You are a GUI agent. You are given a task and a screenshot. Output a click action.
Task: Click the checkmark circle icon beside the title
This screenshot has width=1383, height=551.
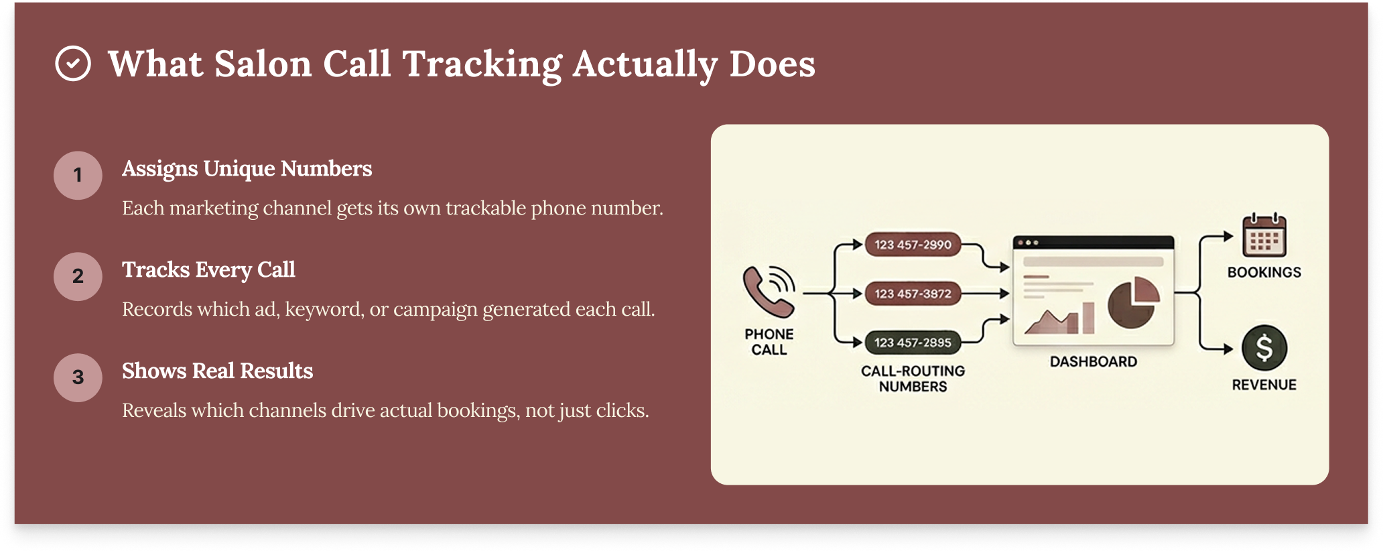point(73,64)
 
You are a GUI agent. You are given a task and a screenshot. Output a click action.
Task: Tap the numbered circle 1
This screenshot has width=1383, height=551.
point(78,175)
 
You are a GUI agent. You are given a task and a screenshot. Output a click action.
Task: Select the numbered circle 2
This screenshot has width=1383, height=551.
point(78,276)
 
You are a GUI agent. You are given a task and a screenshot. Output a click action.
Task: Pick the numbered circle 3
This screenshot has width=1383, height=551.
point(78,377)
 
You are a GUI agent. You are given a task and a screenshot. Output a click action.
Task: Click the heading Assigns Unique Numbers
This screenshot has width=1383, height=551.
point(247,169)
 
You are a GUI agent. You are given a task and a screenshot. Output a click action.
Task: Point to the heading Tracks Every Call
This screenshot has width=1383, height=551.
point(208,270)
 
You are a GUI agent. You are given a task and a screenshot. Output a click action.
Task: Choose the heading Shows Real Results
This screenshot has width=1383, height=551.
point(217,371)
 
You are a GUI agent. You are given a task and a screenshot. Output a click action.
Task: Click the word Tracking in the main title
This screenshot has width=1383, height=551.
point(482,65)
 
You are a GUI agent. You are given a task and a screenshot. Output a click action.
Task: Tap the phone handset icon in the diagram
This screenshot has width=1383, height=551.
point(769,292)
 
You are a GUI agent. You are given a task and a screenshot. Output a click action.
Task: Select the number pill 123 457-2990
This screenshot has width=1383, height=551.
point(913,245)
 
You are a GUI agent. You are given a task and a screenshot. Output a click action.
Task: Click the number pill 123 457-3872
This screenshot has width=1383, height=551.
point(913,294)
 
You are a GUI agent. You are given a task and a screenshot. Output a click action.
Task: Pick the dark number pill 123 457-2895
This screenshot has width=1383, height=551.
point(913,343)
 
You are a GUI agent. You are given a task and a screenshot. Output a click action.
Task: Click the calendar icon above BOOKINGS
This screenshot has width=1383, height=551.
point(1264,235)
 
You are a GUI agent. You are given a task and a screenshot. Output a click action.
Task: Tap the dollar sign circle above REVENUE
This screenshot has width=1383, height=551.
point(1264,348)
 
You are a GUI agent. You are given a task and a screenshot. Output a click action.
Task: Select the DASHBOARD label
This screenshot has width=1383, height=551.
point(1094,362)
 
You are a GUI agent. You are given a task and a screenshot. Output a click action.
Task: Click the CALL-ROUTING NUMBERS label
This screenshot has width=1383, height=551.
point(913,379)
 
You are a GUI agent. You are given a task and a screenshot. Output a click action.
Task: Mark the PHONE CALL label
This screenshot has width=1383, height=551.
point(769,342)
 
